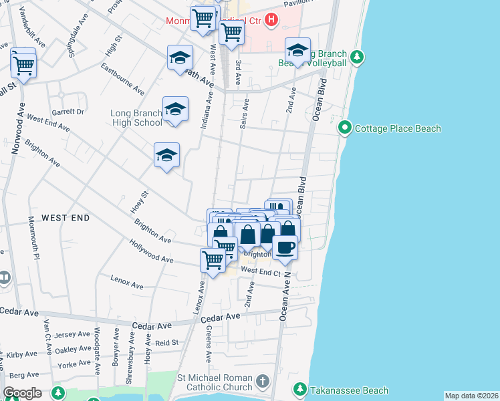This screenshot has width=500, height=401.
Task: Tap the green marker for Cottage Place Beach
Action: pyautogui.click(x=346, y=127)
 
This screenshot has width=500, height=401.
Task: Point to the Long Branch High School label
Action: pyautogui.click(x=136, y=118)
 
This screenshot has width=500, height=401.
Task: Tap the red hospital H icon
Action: pyautogui.click(x=271, y=20)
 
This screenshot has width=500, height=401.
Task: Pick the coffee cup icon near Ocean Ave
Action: pyautogui.click(x=285, y=248)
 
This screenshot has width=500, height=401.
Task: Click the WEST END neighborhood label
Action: pyautogui.click(x=66, y=218)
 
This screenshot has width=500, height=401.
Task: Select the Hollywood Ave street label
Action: pyautogui.click(x=152, y=252)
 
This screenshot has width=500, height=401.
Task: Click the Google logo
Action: pyautogui.click(x=23, y=393)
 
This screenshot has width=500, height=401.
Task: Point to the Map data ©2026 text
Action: pyautogui.click(x=471, y=396)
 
